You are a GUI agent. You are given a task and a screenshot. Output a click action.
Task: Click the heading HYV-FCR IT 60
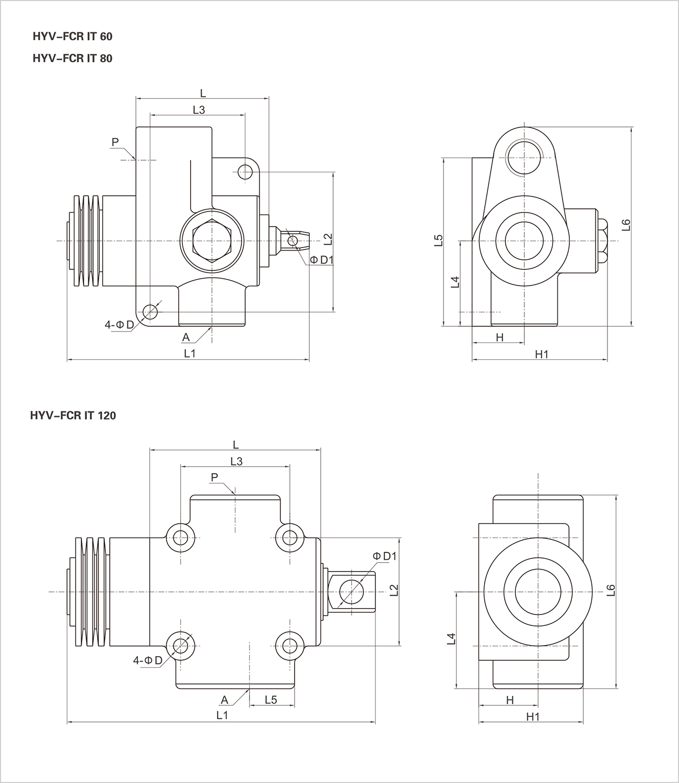click(72, 37)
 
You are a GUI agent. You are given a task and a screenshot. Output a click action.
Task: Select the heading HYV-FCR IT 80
click(72, 58)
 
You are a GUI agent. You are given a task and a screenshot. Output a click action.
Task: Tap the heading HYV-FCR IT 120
click(73, 416)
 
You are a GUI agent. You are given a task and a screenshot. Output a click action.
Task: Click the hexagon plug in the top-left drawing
click(211, 241)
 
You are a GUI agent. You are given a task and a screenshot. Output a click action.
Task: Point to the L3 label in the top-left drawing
click(198, 110)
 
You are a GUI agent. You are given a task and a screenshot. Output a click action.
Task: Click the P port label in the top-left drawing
click(115, 141)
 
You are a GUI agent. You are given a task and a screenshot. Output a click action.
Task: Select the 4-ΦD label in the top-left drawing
click(119, 325)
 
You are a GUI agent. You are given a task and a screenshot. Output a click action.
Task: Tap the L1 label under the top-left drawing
click(189, 353)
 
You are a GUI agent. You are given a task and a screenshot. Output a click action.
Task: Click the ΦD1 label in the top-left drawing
click(322, 259)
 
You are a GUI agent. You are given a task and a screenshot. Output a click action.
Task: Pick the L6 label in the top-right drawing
click(626, 225)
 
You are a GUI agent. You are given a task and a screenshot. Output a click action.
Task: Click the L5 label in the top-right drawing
click(439, 240)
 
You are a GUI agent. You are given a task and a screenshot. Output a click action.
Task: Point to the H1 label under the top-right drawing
click(542, 354)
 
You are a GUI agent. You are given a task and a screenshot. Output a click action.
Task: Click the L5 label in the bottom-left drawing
click(271, 699)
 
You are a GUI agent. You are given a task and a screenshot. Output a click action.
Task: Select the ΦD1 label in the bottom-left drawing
click(385, 556)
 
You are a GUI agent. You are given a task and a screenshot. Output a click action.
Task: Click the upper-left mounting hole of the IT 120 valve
click(181, 537)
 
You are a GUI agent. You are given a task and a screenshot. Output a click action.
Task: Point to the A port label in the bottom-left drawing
click(225, 699)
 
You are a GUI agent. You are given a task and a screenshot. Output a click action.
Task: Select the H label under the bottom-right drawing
click(510, 699)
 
